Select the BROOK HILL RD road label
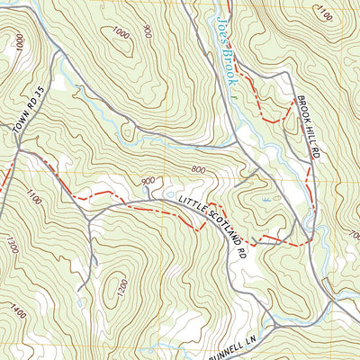pyautogui.click(x=307, y=127)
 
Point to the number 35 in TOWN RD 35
pyautogui.click(x=39, y=93)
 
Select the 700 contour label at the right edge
pyautogui.click(x=352, y=236)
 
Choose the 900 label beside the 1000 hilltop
pyautogui.click(x=147, y=31)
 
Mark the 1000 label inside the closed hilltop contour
pyautogui.click(x=120, y=33)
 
